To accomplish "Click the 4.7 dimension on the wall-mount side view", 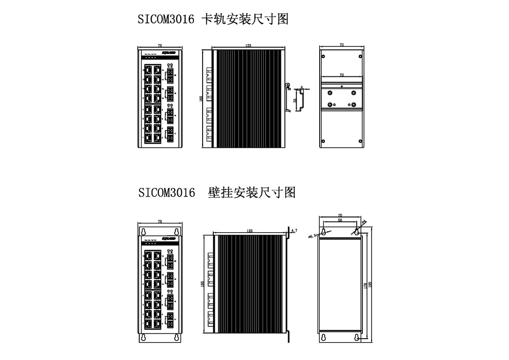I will click(x=293, y=231).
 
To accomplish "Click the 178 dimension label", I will click(x=365, y=287).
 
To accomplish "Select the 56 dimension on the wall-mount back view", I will click(x=341, y=220).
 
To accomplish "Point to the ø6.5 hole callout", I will click(x=313, y=235).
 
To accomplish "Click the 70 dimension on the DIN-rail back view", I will click(x=341, y=75).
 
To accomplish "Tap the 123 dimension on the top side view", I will click(x=248, y=46).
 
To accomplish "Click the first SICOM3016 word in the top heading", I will click(x=166, y=20).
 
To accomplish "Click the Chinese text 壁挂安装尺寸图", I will click(x=252, y=193).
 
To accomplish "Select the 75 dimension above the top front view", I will click(x=160, y=45).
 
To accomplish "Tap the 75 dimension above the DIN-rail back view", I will click(x=341, y=45).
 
